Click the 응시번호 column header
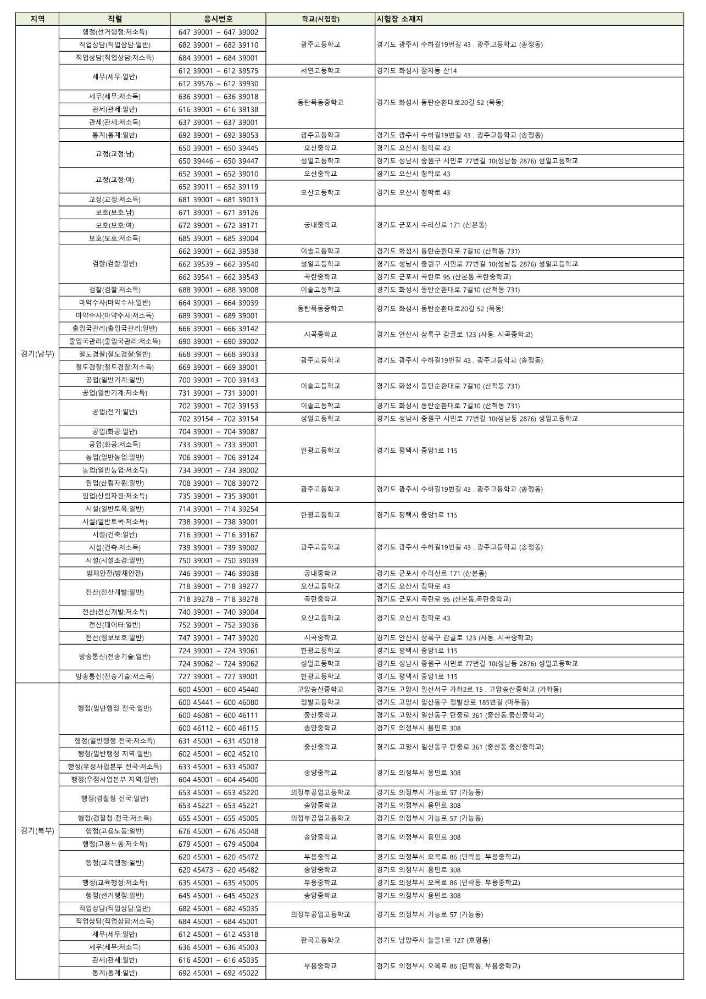tap(218, 19)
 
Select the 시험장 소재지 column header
tap(399, 19)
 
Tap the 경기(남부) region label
tap(37, 354)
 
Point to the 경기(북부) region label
tap(37, 830)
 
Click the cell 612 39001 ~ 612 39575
tap(218, 71)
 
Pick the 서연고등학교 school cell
tap(320, 71)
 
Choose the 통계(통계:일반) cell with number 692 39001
tap(114, 135)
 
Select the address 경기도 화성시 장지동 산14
tap(416, 71)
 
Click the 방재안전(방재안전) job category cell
tap(114, 573)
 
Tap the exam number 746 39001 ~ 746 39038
tap(218, 573)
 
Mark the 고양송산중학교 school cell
tap(320, 689)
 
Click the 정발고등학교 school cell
tap(320, 702)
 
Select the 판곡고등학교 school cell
tap(320, 940)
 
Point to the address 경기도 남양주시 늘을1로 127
tap(433, 940)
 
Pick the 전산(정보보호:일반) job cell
tap(114, 637)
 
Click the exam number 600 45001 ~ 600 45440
tap(218, 689)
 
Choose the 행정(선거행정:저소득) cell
tap(114, 32)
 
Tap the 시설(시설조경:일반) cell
tap(114, 560)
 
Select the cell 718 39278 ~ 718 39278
tap(218, 599)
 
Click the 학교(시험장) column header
tap(320, 19)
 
